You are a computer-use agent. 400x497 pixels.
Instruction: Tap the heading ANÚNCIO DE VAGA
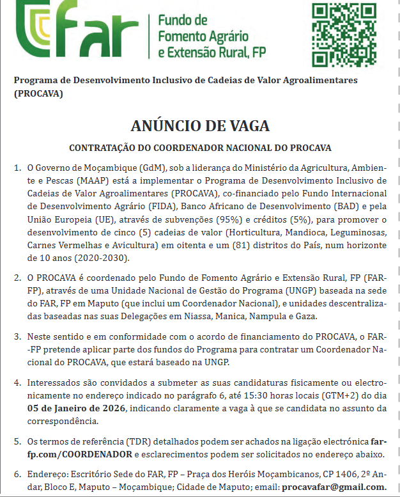pos(199,125)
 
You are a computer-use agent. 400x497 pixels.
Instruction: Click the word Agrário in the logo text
pos(226,35)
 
